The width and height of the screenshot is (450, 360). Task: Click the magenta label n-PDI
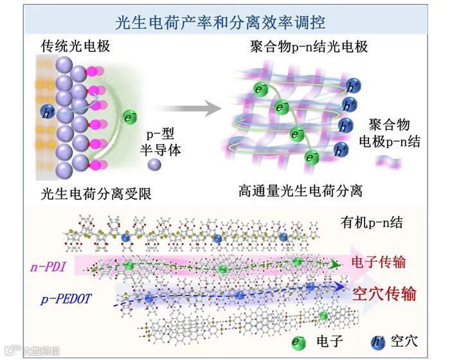[50, 265]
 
